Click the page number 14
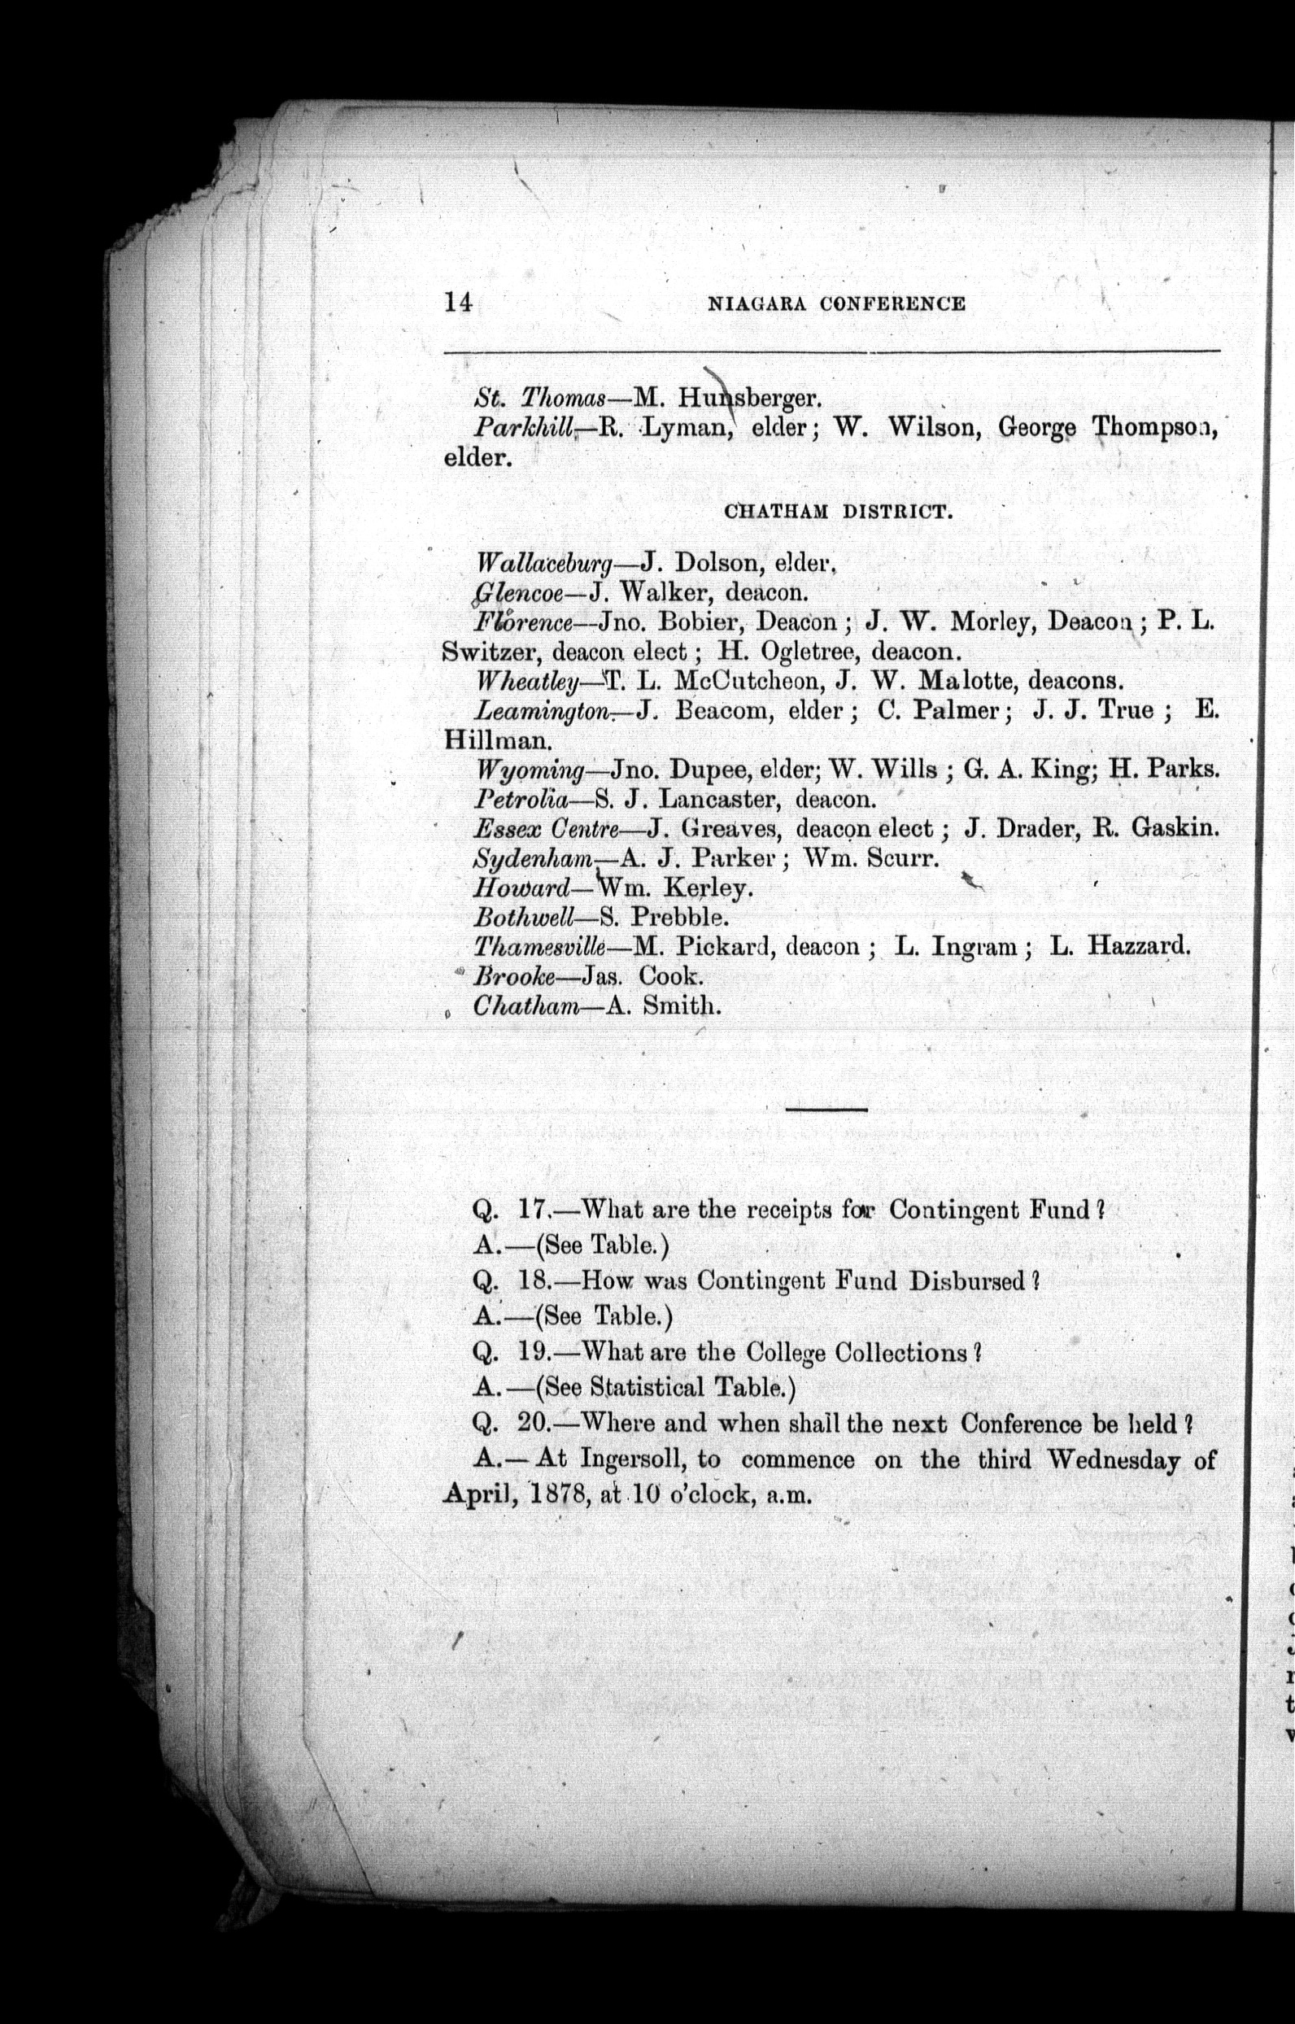[x=459, y=303]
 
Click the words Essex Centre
[x=547, y=829]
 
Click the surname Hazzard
[x=1139, y=947]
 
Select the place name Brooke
[x=514, y=977]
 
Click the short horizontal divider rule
[x=827, y=1110]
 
